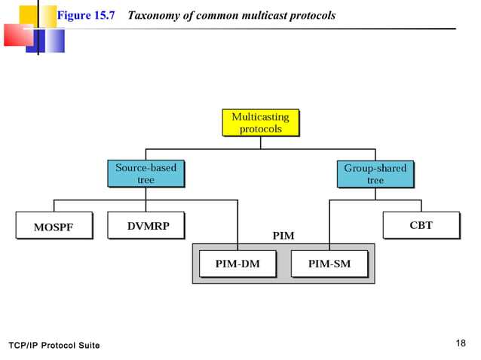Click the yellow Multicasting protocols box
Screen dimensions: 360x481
pyautogui.click(x=260, y=123)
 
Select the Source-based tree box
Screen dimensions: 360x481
pyautogui.click(x=146, y=174)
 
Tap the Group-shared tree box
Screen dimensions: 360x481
pyautogui.click(x=375, y=174)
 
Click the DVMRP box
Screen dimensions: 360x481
pyautogui.click(x=145, y=225)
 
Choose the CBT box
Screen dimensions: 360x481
pyautogui.click(x=421, y=225)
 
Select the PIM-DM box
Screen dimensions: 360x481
pyautogui.click(x=237, y=264)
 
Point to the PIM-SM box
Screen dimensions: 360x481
pyautogui.click(x=329, y=264)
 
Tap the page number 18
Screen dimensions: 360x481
pyautogui.click(x=461, y=343)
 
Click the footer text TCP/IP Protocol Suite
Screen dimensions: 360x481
pyautogui.click(x=54, y=345)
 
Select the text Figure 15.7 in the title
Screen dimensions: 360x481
pyautogui.click(x=85, y=16)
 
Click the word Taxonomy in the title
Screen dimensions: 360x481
pyautogui.click(x=154, y=16)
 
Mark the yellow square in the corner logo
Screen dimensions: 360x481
pyautogui.click(x=28, y=14)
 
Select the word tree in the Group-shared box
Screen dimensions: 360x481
pyautogui.click(x=375, y=181)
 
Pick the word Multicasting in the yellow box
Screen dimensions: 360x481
pyautogui.click(x=260, y=117)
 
